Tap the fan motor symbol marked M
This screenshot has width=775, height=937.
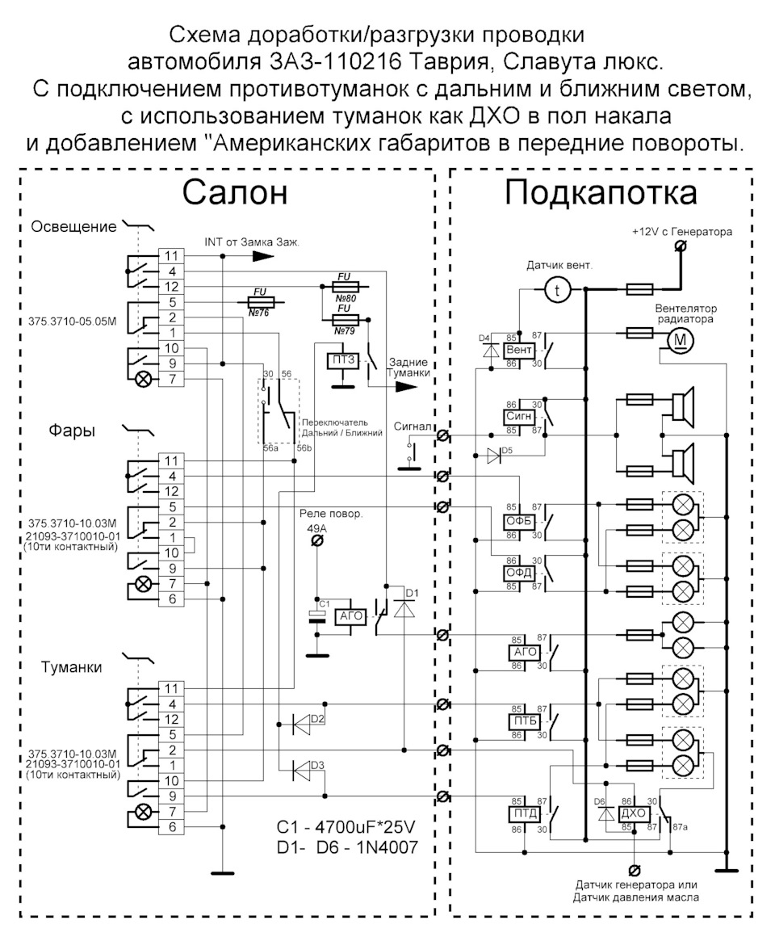tap(679, 341)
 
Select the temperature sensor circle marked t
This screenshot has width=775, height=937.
tap(556, 292)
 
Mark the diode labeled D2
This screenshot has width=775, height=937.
tap(308, 725)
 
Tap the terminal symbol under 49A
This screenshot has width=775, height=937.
tap(317, 542)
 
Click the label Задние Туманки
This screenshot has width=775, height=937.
tap(408, 369)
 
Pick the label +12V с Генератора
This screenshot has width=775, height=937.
tap(682, 232)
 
